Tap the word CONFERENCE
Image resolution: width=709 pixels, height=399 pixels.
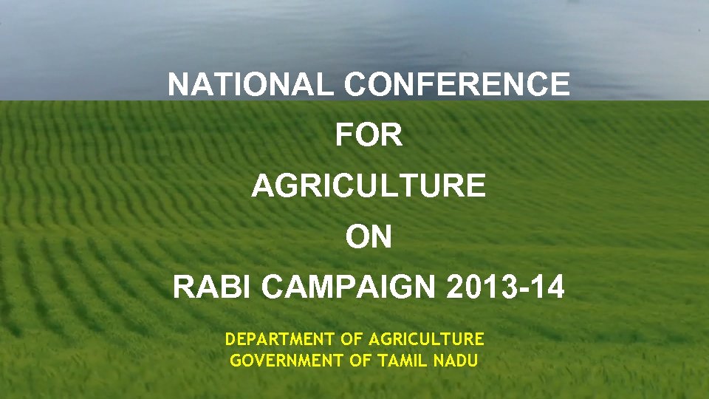[456, 85]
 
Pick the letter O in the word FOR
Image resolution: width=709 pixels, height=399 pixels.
[367, 136]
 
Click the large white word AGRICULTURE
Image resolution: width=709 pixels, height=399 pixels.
[369, 186]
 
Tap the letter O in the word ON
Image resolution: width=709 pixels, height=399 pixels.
[357, 237]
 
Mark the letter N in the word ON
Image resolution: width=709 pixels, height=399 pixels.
[381, 237]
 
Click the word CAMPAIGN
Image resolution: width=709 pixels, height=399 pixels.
[350, 287]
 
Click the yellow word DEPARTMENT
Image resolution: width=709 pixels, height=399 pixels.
[280, 339]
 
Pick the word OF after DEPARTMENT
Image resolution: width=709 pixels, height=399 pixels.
[352, 339]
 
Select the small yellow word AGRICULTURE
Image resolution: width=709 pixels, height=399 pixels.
[426, 339]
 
